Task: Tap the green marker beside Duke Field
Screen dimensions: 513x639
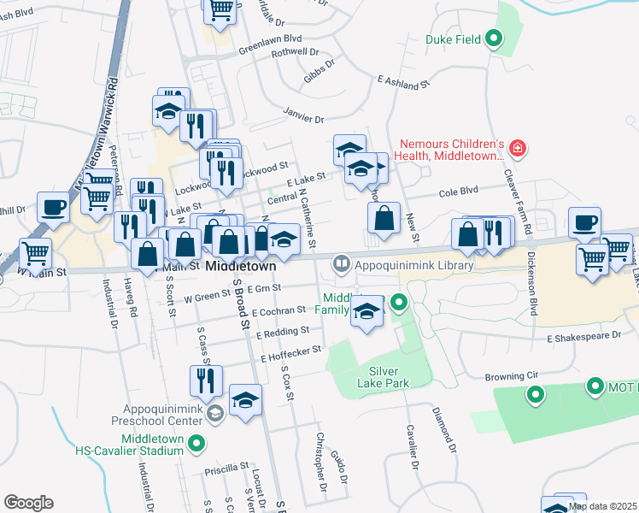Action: coord(494,38)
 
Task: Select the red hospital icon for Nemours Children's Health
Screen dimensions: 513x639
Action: coord(516,150)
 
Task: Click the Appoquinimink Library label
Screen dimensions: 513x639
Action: coord(414,265)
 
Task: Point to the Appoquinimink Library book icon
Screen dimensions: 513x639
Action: coord(342,264)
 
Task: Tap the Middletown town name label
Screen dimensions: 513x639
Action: coord(243,267)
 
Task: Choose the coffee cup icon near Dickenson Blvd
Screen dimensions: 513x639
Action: coord(584,222)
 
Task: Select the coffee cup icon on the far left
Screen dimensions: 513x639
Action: coord(54,207)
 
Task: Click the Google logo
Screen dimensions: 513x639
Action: coord(28,503)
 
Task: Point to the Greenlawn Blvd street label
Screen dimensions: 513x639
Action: coord(271,38)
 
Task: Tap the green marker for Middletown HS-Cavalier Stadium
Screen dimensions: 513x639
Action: coord(196,443)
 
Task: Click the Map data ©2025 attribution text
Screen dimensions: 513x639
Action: coord(601,506)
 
